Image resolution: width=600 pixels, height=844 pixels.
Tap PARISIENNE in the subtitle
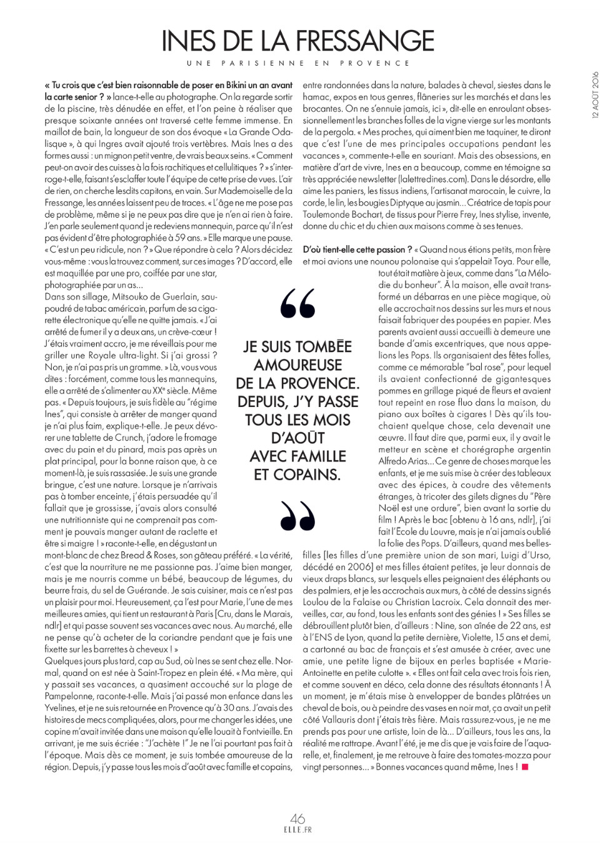pos(263,63)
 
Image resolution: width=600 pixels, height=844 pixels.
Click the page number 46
pos(297,818)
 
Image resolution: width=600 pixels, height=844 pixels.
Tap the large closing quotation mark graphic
pos(298,515)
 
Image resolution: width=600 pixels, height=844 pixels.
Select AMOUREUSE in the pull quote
pos(298,365)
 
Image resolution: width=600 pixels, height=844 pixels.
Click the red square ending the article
pos(525,766)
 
